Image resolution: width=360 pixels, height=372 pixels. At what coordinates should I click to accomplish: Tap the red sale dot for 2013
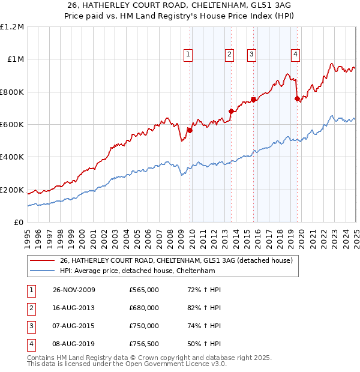click(231, 111)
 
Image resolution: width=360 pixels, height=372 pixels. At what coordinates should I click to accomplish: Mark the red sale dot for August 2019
click(297, 98)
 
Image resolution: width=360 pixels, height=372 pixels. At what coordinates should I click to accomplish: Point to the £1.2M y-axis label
click(13, 27)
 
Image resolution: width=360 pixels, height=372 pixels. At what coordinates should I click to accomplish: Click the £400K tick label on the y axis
click(12, 157)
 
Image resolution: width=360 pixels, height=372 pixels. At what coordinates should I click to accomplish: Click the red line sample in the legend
click(42, 260)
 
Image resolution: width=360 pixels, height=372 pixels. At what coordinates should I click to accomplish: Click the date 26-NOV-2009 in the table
click(74, 290)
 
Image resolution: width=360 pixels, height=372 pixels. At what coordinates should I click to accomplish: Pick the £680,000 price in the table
click(144, 308)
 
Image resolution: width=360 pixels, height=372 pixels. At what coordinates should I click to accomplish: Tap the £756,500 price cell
click(144, 344)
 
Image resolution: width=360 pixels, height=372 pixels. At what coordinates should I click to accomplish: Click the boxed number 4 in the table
click(31, 344)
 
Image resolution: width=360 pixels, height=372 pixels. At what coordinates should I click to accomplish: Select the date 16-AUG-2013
click(74, 308)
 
